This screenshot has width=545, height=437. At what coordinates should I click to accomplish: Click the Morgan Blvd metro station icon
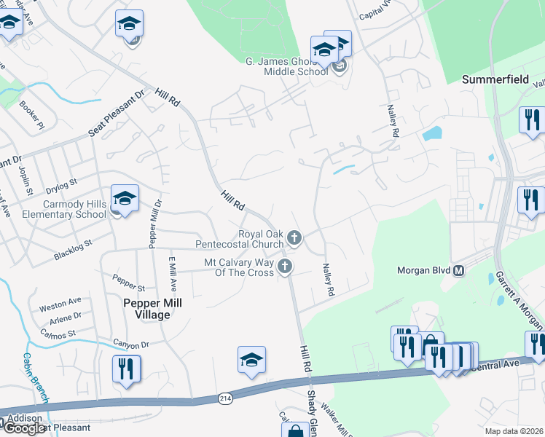coord(459,271)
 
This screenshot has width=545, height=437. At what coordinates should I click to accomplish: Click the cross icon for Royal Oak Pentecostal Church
coord(294,237)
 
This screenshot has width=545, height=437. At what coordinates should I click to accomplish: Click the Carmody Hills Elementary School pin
coord(125,198)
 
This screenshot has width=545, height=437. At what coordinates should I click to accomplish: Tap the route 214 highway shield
coord(225,398)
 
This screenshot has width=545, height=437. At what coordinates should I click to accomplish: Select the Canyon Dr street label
coord(131,344)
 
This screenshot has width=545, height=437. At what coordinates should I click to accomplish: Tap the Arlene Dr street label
coord(65,318)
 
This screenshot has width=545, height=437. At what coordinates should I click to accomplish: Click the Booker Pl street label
coord(33,115)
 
